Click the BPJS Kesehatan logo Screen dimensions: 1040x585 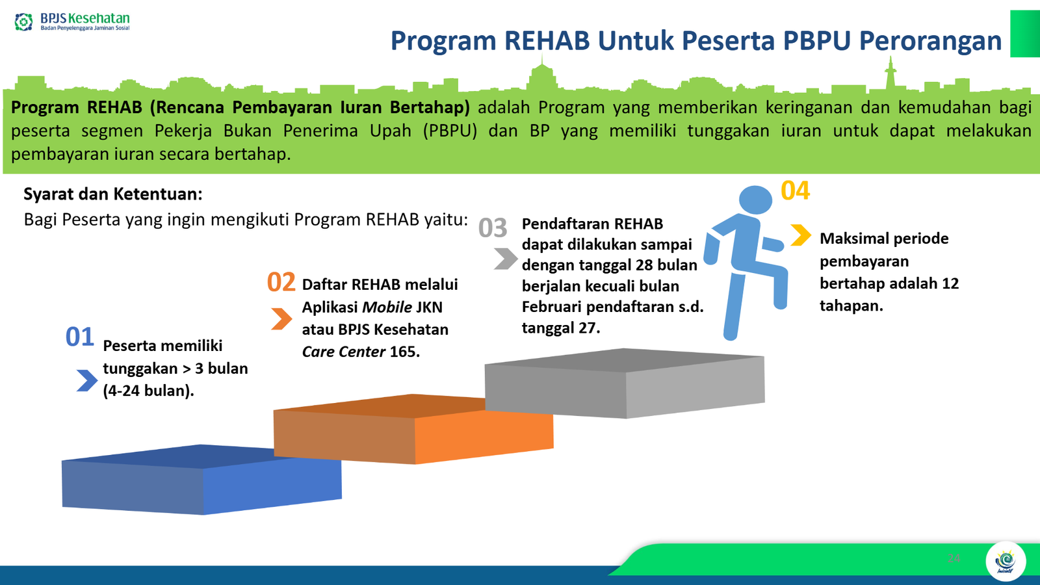coord(72,21)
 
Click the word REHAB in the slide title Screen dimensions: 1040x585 coord(547,40)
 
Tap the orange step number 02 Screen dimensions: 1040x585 coord(281,282)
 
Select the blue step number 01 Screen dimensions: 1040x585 coord(80,337)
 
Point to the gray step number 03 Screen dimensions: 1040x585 coord(493,227)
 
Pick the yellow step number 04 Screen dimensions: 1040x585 coord(796,190)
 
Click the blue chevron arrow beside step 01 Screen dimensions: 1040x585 coord(87,380)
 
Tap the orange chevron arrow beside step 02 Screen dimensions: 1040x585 coord(281,319)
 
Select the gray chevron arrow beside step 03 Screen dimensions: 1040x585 coord(506,259)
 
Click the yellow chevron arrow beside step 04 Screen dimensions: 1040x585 coord(801,235)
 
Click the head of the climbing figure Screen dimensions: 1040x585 coord(755,200)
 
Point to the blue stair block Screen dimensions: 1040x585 coord(202,480)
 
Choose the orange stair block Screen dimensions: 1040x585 coord(413,429)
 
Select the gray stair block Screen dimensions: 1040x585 coord(625,383)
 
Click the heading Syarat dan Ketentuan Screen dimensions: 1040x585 coord(113,194)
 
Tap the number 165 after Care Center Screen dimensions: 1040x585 coord(404,352)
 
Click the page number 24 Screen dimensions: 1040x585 coord(954,558)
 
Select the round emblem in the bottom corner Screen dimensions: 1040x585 coord(1006,562)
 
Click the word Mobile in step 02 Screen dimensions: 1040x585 coord(387,307)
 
